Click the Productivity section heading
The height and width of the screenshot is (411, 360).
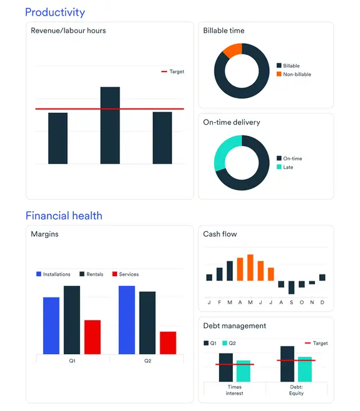click(x=55, y=12)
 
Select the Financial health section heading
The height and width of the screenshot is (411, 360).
click(x=64, y=216)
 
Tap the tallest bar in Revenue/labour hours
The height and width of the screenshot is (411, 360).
click(x=110, y=125)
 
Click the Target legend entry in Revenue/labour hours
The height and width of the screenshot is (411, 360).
click(x=173, y=71)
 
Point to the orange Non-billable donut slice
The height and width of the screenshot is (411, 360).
click(x=232, y=50)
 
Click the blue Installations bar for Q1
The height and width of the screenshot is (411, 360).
click(x=51, y=325)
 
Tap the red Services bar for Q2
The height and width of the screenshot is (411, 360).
click(x=168, y=343)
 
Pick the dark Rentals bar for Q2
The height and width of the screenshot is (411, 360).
click(x=147, y=323)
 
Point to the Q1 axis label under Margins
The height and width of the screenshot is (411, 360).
click(x=73, y=361)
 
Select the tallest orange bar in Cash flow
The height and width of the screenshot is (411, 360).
click(x=250, y=268)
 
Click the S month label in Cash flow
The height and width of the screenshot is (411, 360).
click(x=291, y=302)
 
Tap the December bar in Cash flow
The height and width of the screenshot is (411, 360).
click(x=322, y=277)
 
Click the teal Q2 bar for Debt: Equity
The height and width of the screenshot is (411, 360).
click(x=305, y=369)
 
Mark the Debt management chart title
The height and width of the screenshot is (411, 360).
click(x=234, y=326)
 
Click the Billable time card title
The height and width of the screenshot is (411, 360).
click(x=224, y=31)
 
